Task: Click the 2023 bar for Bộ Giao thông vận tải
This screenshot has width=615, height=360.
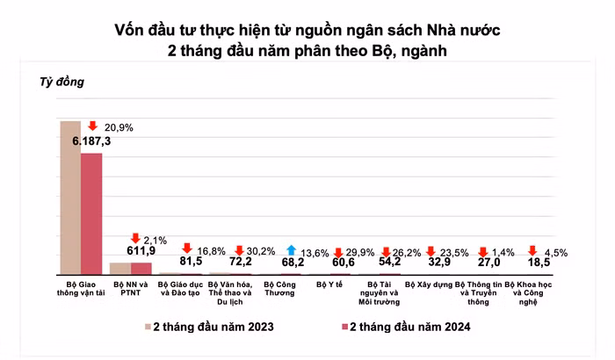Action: [x=69, y=198]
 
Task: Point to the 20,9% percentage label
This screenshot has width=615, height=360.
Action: [x=119, y=127]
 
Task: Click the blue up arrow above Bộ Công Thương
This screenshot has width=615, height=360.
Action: [x=291, y=249]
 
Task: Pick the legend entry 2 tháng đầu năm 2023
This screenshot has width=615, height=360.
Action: [x=209, y=328]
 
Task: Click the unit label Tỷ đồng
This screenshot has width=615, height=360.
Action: [x=61, y=83]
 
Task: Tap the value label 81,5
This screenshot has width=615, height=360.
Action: [x=191, y=261]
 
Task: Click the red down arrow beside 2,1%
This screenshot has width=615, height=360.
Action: [x=134, y=238]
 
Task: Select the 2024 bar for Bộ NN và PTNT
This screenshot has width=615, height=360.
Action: [x=141, y=269]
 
